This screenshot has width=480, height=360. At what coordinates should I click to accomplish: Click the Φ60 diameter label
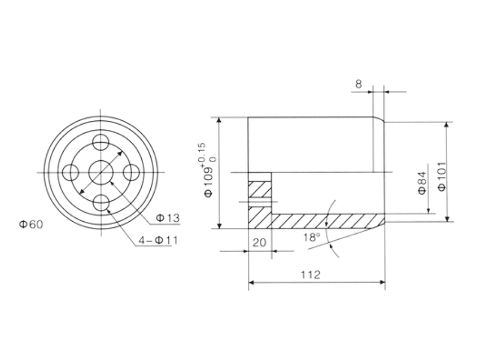click(31, 225)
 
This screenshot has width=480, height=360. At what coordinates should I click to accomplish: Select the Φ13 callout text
click(168, 218)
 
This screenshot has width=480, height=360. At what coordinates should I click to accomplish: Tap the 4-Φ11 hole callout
click(158, 240)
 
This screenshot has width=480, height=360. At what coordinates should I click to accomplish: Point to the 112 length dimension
click(311, 274)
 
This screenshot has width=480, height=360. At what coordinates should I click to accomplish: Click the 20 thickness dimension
click(260, 243)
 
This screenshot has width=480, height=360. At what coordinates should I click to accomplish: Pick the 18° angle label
click(312, 238)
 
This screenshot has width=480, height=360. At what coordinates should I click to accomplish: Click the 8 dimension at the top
click(359, 84)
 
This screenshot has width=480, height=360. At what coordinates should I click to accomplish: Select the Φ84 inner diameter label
click(422, 183)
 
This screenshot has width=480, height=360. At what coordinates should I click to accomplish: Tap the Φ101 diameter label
click(442, 176)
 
